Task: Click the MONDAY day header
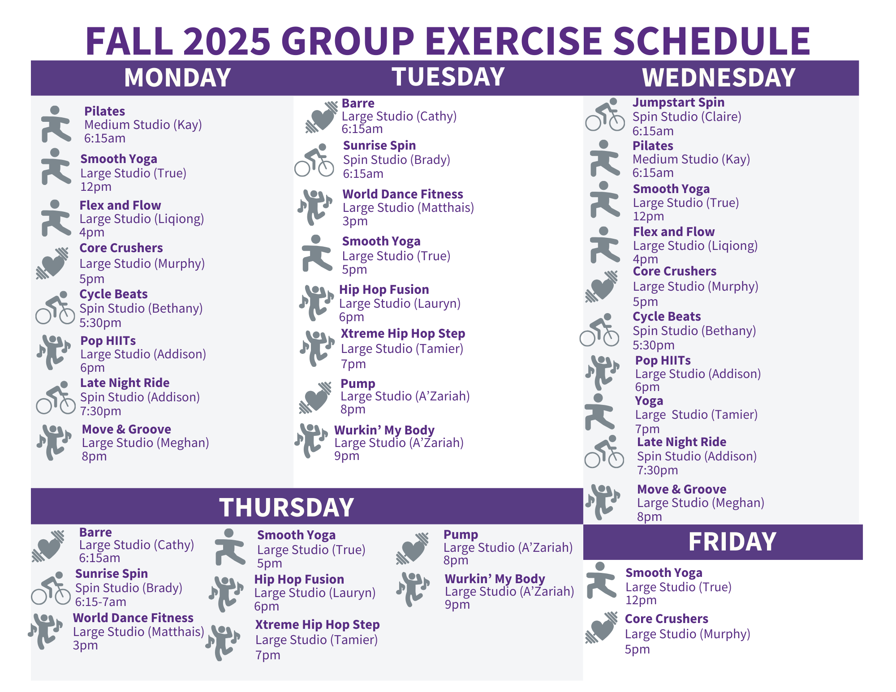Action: click(177, 77)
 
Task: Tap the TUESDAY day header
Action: click(448, 77)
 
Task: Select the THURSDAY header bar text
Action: click(287, 507)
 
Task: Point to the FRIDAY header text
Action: click(732, 542)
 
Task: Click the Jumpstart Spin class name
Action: click(678, 103)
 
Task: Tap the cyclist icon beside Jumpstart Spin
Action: click(605, 115)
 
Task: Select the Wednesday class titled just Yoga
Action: click(649, 401)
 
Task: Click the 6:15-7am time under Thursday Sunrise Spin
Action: click(100, 602)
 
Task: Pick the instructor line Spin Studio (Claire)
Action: click(687, 117)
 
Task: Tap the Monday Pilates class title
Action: click(104, 111)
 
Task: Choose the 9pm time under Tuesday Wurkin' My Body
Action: click(347, 456)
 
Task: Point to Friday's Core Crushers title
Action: click(666, 619)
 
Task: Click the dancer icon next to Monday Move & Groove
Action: click(54, 443)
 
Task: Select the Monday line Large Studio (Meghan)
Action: click(145, 443)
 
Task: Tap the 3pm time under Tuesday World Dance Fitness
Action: click(355, 221)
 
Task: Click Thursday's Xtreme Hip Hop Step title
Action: click(317, 625)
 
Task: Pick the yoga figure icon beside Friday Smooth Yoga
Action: click(602, 580)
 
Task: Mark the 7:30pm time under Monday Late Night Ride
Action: click(100, 411)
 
